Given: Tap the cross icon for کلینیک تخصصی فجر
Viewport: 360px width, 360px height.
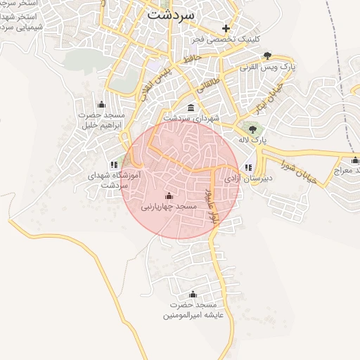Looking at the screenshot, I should tap(226, 29).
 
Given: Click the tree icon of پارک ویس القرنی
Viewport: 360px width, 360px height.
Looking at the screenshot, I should tap(266, 55).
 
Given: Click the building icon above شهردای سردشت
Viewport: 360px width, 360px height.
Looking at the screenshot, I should tap(192, 108).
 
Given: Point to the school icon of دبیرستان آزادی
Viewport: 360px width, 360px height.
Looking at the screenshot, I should tap(248, 167).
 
